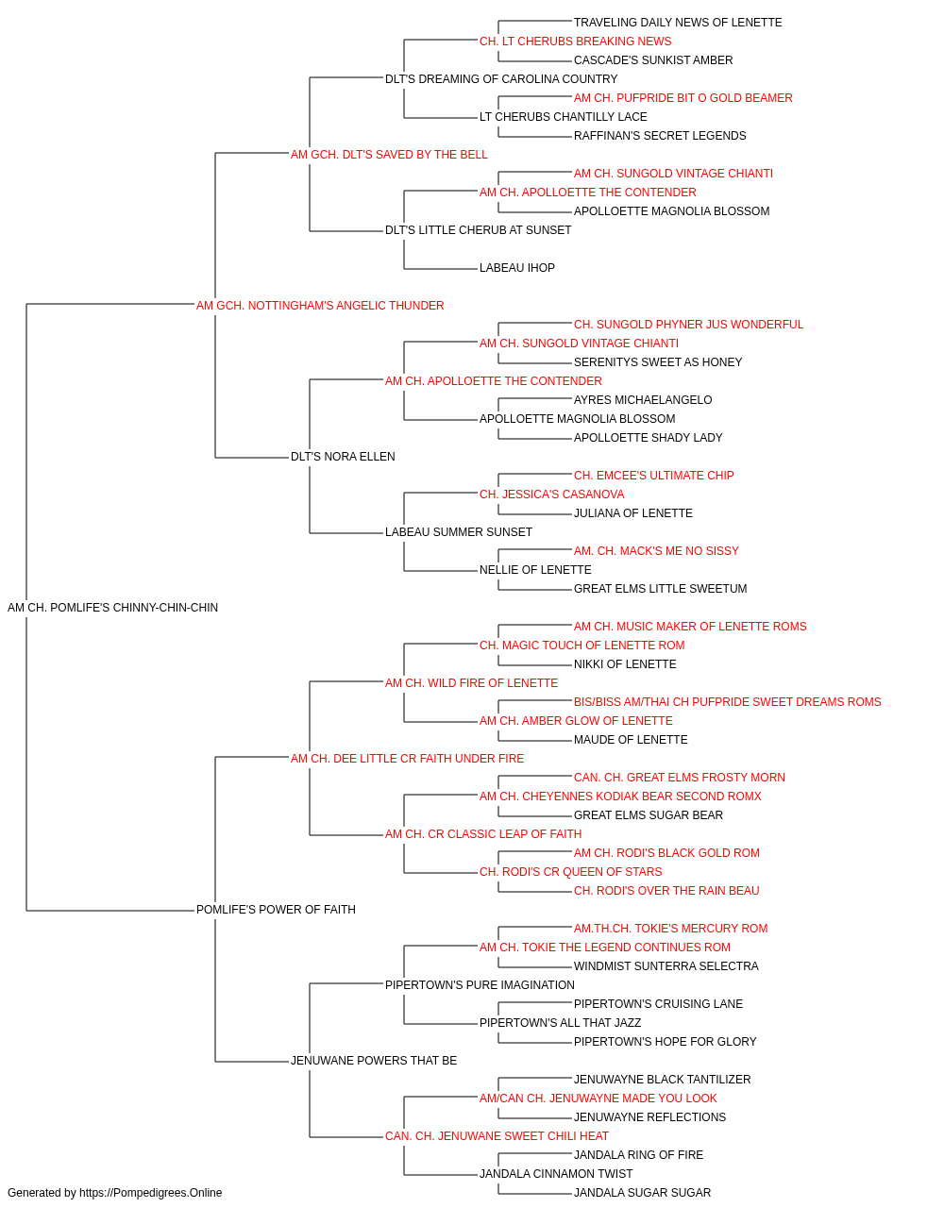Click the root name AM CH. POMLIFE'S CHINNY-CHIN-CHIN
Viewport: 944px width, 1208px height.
[113, 608]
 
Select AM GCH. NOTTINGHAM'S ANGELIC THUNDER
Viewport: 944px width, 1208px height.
[320, 306]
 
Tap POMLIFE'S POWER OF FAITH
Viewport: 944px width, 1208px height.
[276, 910]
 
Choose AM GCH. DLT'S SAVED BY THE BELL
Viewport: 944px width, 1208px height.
[389, 155]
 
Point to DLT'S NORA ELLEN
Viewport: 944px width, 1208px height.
[343, 457]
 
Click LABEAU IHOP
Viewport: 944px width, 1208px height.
[517, 268]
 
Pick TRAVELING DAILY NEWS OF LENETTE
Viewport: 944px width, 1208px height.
[678, 23]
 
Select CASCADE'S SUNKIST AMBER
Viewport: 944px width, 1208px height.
[653, 60]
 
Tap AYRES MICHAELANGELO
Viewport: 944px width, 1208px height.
[643, 400]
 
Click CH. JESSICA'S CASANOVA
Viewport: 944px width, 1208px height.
[552, 495]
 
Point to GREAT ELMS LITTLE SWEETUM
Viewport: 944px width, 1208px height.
[661, 589]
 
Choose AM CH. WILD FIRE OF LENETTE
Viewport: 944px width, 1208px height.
[471, 683]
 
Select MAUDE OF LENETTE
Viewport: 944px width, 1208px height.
[631, 740]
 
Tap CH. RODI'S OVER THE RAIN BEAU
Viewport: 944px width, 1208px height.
[666, 891]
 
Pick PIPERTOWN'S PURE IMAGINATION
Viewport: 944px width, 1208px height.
[480, 985]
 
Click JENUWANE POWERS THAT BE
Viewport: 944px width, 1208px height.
[374, 1061]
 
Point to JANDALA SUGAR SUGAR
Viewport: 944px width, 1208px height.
[643, 1193]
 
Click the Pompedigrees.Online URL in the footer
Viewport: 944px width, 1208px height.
[151, 1193]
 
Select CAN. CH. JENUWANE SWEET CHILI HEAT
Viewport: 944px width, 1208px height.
[497, 1136]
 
